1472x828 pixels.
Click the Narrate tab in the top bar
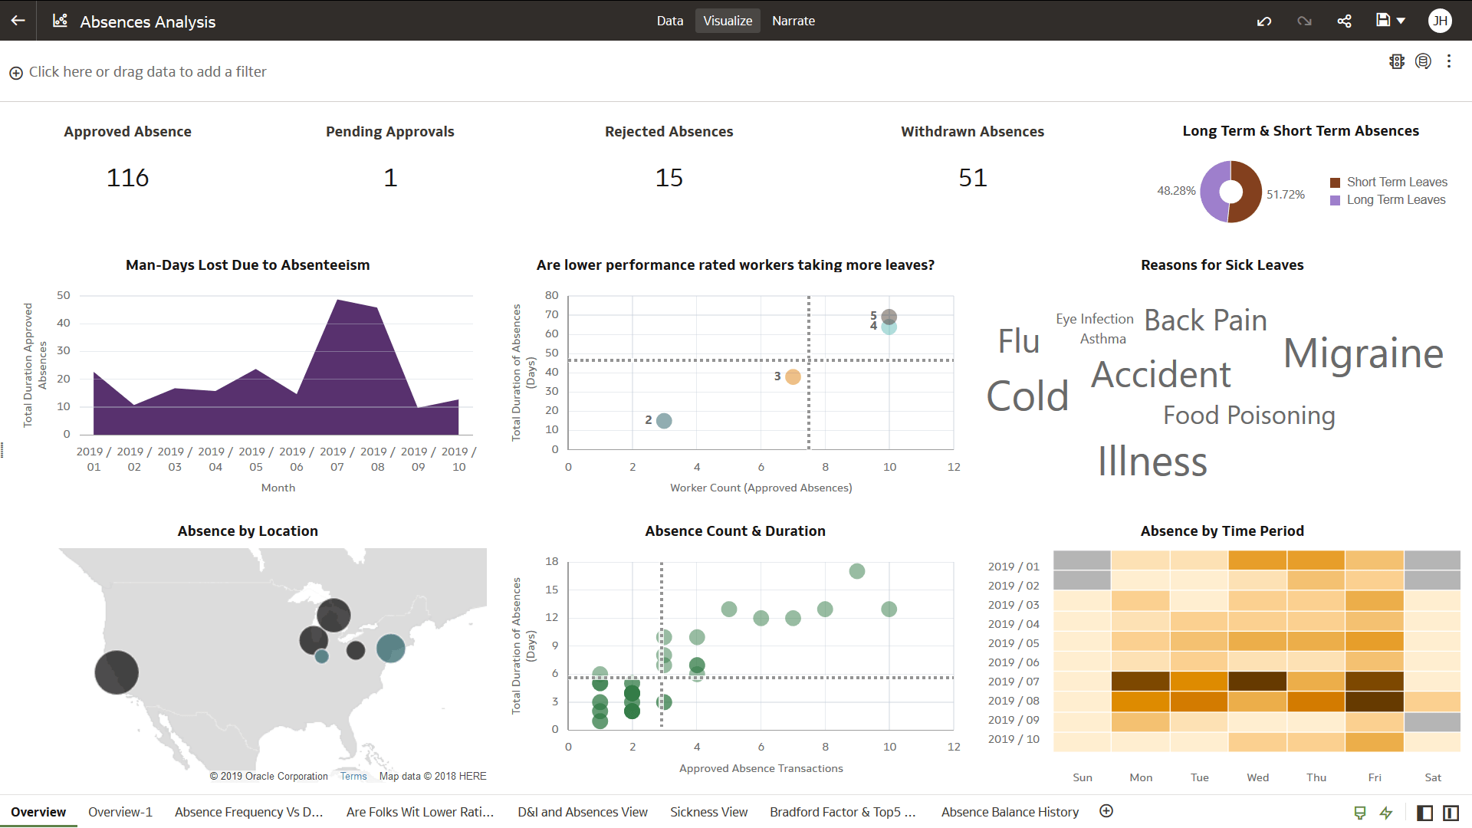tap(793, 21)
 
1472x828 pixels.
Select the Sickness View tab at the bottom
tap(708, 812)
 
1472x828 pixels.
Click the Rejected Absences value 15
tap(669, 178)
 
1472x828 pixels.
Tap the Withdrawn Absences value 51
tap(972, 178)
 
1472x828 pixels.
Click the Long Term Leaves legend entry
tap(1395, 200)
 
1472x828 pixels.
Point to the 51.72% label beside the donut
tap(1285, 195)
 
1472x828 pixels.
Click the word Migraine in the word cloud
tap(1363, 353)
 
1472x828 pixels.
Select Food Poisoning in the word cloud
tap(1248, 415)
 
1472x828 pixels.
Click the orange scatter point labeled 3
tap(793, 376)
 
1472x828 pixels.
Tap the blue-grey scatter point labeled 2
tap(664, 421)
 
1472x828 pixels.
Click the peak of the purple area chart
tap(338, 301)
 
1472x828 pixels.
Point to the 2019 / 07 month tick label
tap(337, 458)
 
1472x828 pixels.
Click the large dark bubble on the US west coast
tap(117, 672)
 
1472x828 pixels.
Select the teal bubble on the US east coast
tap(390, 648)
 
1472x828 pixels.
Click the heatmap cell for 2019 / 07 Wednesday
tap(1257, 681)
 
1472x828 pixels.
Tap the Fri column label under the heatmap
tap(1375, 777)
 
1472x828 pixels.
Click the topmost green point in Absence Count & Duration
tap(857, 571)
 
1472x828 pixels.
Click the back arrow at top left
tap(18, 21)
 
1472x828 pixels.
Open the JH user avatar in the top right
tap(1440, 21)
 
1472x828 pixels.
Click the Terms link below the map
tap(353, 776)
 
